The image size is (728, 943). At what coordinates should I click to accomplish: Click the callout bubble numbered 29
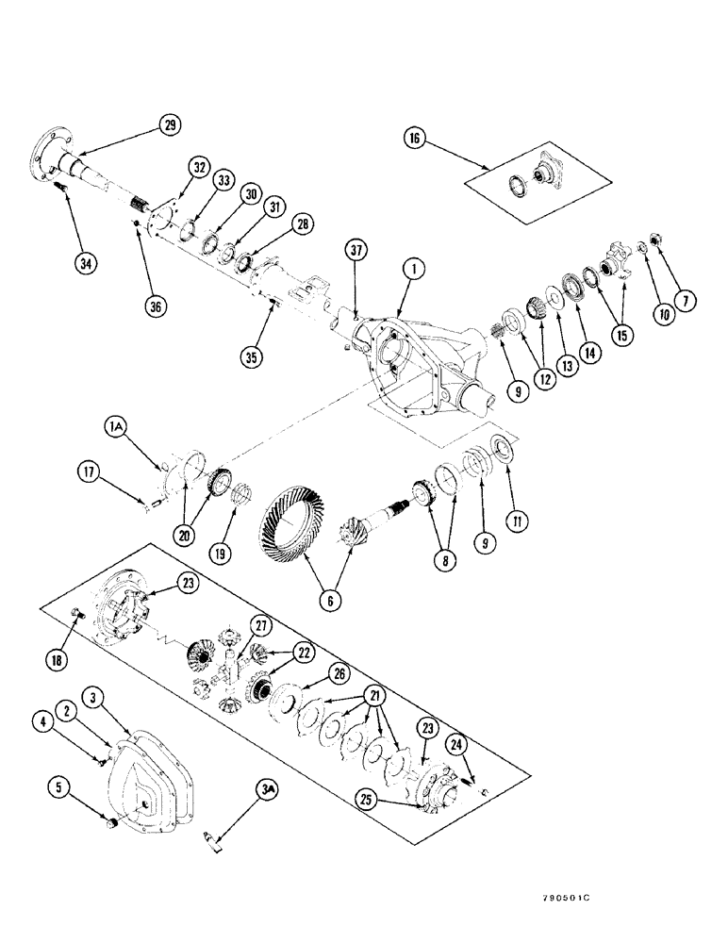coord(171,124)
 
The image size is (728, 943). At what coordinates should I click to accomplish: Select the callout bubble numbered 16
coord(416,138)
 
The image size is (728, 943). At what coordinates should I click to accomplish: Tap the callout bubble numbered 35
coord(250,358)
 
